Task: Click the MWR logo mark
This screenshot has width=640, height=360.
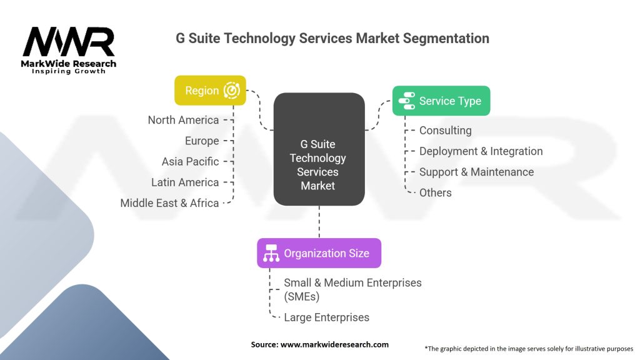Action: coord(69,42)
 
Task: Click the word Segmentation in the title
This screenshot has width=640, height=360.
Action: coord(446,38)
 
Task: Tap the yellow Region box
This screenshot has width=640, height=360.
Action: coord(210,90)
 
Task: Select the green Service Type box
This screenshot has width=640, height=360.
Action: coord(441,101)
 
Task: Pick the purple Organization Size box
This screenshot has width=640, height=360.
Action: coord(319,253)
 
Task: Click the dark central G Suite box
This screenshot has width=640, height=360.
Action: coord(319,149)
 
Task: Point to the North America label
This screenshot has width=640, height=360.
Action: coord(183,120)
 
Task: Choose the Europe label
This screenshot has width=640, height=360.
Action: coord(202,141)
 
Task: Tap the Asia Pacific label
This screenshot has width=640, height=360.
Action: coord(190,162)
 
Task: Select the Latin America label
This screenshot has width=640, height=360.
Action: coord(185,182)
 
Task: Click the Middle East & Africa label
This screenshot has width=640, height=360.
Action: coord(169,203)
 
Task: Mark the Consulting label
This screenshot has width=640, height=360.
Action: coord(445,131)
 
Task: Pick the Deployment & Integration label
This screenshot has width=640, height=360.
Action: coord(481,151)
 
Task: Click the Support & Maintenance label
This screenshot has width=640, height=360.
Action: coord(477,172)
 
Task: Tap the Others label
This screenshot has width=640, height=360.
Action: coord(436,192)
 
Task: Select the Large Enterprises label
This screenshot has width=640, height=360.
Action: coord(326,317)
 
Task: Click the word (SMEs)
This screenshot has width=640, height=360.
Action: coord(302,297)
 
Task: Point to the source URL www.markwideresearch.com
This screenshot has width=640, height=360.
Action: coord(334,344)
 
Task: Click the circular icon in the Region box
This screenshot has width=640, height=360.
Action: coord(232,90)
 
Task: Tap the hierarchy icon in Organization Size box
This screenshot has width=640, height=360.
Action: coord(271,253)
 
